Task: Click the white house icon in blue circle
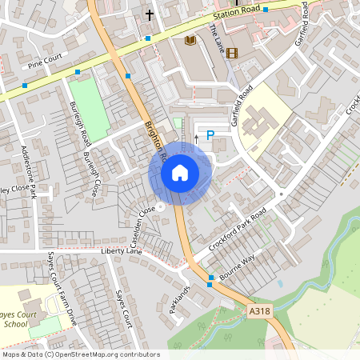click(180, 172)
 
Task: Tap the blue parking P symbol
click(210, 136)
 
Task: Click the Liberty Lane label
click(121, 251)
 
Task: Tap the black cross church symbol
click(149, 15)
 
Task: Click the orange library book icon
click(190, 40)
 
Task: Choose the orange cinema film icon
click(232, 53)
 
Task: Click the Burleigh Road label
click(79, 123)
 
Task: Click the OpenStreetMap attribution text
click(80, 354)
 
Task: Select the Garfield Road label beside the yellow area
click(242, 106)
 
